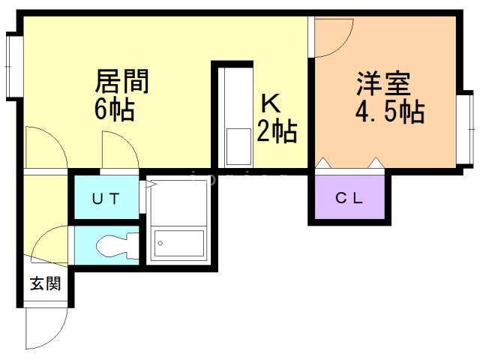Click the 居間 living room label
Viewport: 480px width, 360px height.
click(122, 80)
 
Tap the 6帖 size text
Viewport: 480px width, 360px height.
click(114, 110)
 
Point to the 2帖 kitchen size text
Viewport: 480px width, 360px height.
click(277, 131)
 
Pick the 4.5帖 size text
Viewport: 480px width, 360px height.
click(389, 112)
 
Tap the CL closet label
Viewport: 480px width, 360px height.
click(349, 199)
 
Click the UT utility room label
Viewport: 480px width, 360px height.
click(106, 199)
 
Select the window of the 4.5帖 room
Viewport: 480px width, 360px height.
click(466, 127)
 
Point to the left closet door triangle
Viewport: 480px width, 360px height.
click(324, 163)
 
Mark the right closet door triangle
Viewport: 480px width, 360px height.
click(374, 163)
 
